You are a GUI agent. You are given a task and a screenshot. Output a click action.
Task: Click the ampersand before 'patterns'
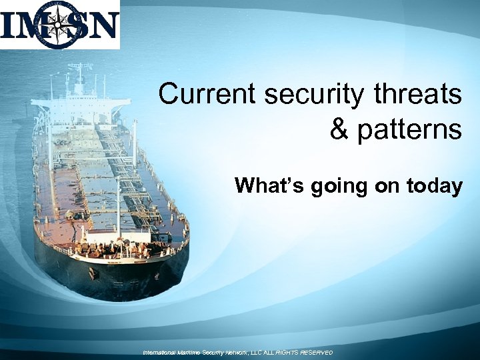tap(340, 129)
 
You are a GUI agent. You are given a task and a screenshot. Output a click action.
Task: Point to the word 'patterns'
tap(410, 129)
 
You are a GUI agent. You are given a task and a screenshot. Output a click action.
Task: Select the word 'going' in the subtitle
tap(336, 187)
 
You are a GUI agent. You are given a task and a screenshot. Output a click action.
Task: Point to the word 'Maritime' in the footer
tap(194, 352)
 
